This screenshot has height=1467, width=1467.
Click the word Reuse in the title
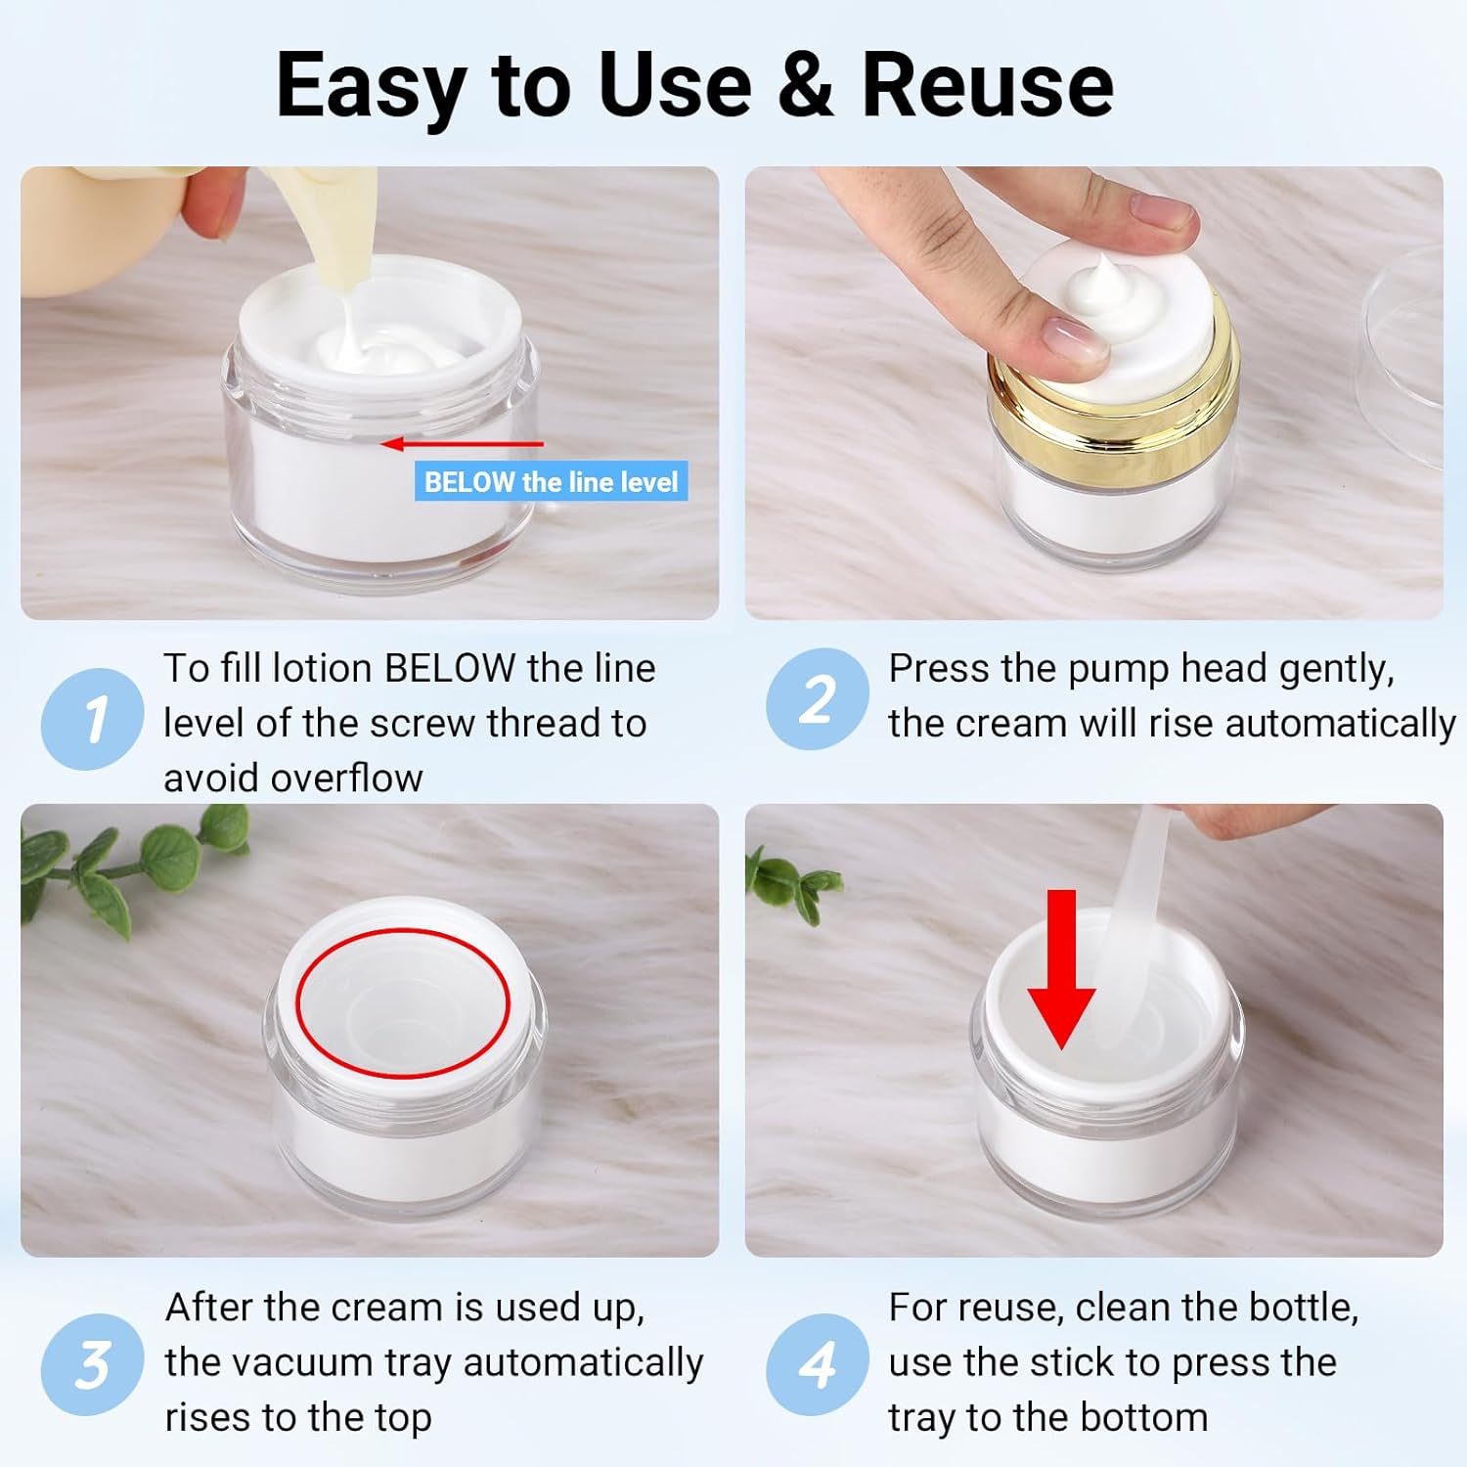(x=987, y=86)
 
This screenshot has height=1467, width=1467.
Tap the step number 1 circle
(x=92, y=719)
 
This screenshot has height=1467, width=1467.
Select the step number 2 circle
(x=817, y=698)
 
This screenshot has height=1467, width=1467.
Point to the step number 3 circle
(x=92, y=1364)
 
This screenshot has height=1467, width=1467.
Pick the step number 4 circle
(x=817, y=1364)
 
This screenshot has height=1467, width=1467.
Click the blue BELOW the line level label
(x=551, y=481)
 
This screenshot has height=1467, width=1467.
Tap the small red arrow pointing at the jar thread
(x=462, y=444)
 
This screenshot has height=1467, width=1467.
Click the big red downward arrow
(x=1061, y=969)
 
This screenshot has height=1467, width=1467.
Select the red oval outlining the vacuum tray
(x=403, y=930)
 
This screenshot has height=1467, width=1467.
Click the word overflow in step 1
(x=346, y=778)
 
